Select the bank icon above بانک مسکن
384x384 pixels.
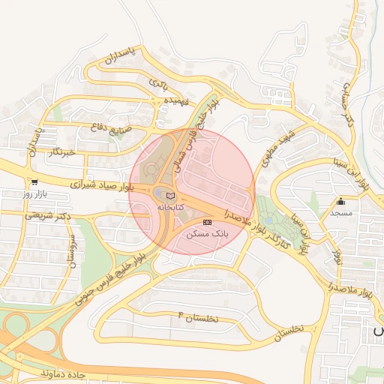tap(207, 223)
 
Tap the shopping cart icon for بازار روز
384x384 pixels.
tap(34, 182)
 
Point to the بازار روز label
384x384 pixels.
tap(34, 193)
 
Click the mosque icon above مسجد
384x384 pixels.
tap(341, 201)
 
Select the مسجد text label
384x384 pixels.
tap(341, 212)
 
